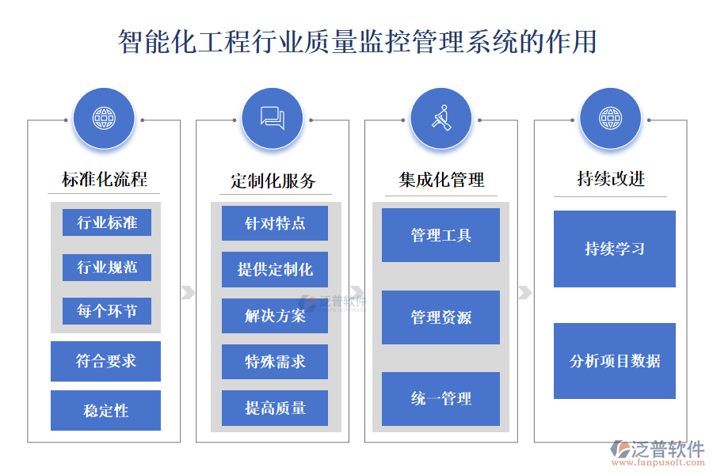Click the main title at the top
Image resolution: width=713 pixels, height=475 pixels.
[356, 41]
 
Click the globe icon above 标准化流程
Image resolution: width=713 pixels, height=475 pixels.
[104, 119]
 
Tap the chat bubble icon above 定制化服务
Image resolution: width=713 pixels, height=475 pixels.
[273, 119]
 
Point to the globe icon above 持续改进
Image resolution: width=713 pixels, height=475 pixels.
[610, 119]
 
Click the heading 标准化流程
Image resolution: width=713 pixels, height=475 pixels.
[105, 180]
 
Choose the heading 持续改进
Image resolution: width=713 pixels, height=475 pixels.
[611, 179]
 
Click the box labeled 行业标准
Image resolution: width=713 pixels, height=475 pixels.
[107, 222]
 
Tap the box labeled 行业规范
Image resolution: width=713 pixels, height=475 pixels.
[107, 267]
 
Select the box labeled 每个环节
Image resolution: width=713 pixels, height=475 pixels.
[107, 311]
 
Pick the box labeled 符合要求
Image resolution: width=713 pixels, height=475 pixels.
[105, 361]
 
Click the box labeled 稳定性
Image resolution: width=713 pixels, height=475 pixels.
[105, 410]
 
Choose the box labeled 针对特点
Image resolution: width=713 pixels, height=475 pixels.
[275, 223]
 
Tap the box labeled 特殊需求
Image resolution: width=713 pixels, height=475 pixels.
[275, 362]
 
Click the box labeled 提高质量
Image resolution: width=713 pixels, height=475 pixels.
[275, 408]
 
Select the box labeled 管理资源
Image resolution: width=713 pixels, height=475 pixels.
[440, 317]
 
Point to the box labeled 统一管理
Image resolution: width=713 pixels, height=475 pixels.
[440, 398]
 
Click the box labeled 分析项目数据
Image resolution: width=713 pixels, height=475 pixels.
[615, 361]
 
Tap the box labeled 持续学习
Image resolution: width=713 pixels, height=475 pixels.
[615, 249]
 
